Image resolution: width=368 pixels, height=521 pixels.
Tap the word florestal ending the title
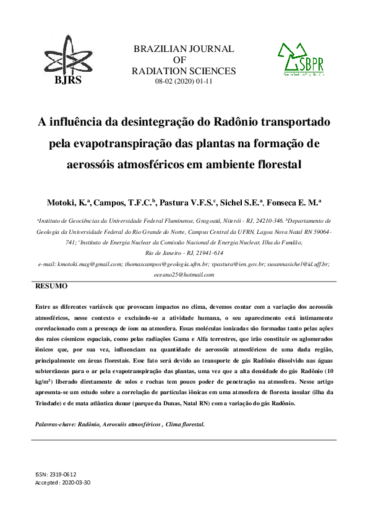[273, 165]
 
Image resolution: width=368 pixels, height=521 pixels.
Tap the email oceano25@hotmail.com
[184, 275]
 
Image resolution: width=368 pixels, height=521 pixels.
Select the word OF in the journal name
[184, 60]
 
